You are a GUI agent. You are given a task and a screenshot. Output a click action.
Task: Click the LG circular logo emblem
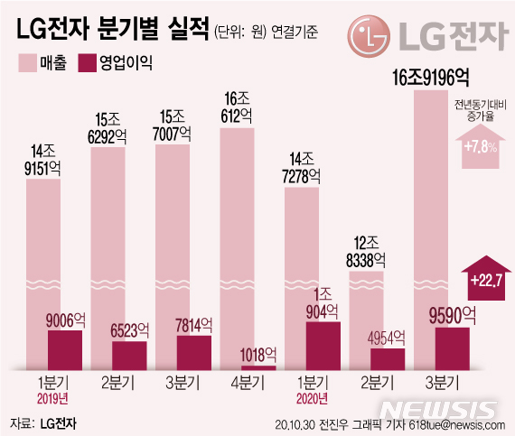pos(371,40)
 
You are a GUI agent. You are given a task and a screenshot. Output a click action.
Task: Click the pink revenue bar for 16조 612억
pos(247,244)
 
